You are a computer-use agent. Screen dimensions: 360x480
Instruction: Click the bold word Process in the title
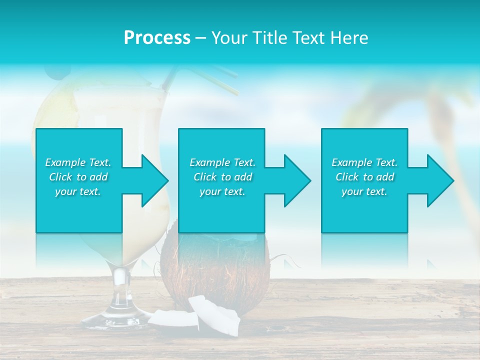coord(157,38)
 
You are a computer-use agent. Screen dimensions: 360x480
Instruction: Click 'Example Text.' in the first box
coord(78,162)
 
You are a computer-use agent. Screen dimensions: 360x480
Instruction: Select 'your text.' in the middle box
coord(222,191)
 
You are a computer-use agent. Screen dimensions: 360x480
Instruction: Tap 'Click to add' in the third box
coord(365,177)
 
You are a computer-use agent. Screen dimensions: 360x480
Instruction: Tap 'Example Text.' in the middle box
coord(222,162)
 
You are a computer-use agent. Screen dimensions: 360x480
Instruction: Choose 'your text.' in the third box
coord(364,191)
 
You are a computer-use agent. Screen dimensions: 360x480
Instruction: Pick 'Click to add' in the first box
coord(78,177)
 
